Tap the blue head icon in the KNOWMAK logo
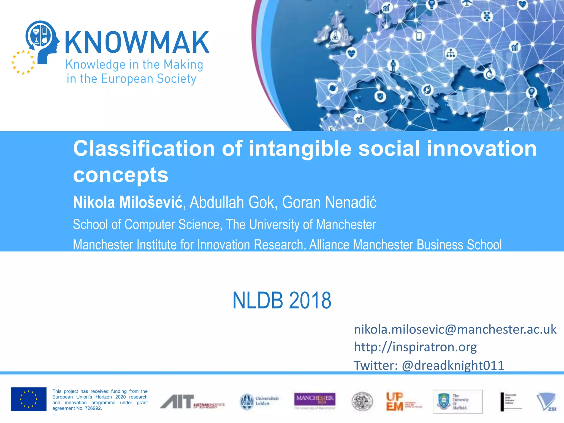[x=42, y=39]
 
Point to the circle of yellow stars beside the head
[x=23, y=62]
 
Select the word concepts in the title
[x=121, y=175]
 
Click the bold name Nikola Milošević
[x=128, y=202]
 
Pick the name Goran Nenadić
[x=329, y=202]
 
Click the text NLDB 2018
[x=282, y=300]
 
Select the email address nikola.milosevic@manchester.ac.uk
[x=455, y=329]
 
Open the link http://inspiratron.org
[x=415, y=347]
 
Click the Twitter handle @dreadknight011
[x=453, y=365]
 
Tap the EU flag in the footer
[x=29, y=399]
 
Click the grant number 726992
[x=93, y=408]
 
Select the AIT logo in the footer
[x=192, y=402]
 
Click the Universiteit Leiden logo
[x=259, y=401]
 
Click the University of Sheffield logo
[x=458, y=402]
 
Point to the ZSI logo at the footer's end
[x=547, y=402]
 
